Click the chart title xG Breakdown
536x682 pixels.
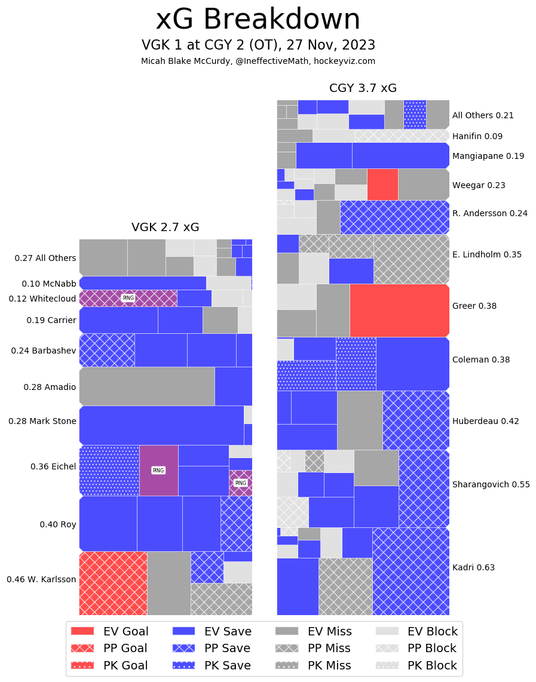[x=258, y=20]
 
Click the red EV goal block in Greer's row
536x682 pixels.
[x=399, y=310]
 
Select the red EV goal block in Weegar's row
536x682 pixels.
[x=382, y=185]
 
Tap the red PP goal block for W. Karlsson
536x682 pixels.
[x=113, y=583]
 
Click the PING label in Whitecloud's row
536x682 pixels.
[x=128, y=298]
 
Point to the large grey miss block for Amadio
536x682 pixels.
[x=147, y=386]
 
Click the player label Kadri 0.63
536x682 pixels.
[x=473, y=567]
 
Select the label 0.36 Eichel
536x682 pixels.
[x=53, y=466]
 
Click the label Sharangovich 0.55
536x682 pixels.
[x=491, y=484]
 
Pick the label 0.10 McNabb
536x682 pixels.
[x=49, y=284]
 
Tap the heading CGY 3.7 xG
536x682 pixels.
[x=363, y=88]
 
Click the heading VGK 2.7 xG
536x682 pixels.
[x=166, y=228]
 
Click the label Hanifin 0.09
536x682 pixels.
[x=477, y=136]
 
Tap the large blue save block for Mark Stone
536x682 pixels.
[x=161, y=425]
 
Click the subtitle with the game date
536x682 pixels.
[x=258, y=45]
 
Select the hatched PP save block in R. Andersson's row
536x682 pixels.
[x=394, y=217]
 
